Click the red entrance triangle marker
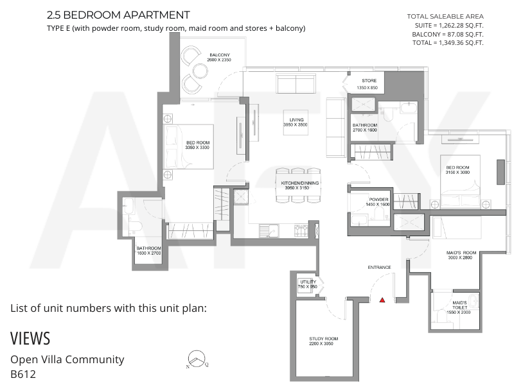tap(382, 300)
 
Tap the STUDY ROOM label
tap(324, 339)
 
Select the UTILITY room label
tap(308, 282)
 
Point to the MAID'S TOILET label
tap(459, 305)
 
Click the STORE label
tap(369, 81)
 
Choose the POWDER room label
tap(378, 200)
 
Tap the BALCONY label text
tap(220, 55)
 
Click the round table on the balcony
tap(200, 71)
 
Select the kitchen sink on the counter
tap(269, 230)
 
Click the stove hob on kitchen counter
tap(301, 230)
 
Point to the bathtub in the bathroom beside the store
tap(409, 107)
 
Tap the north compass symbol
tap(197, 359)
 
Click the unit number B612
tap(23, 374)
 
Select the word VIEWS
tap(30, 339)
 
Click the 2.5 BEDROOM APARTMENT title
tap(118, 15)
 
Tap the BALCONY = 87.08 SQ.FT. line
tap(448, 34)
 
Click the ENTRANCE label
tap(379, 268)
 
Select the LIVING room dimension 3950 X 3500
tap(296, 124)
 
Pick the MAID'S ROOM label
tap(461, 253)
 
